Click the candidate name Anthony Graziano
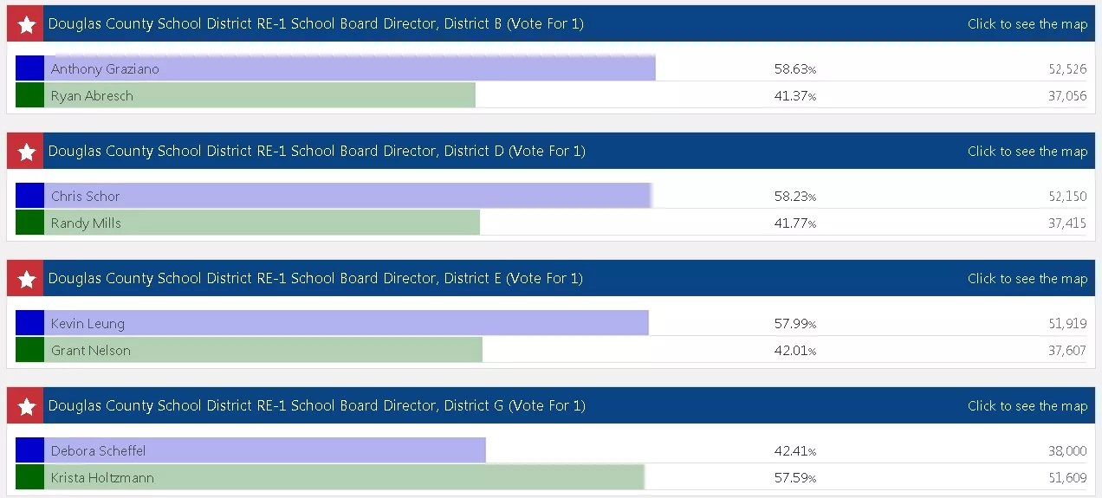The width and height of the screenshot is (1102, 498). [105, 69]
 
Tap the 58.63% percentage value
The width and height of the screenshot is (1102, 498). [794, 69]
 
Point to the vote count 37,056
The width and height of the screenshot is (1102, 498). [1066, 96]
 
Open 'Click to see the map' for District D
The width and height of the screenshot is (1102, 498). [1027, 152]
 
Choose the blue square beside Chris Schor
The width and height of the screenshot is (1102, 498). [29, 196]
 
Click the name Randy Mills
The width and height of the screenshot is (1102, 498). [86, 223]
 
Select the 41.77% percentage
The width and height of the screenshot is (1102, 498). [794, 223]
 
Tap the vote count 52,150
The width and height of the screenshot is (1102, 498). [1066, 197]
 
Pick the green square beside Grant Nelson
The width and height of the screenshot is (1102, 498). [29, 350]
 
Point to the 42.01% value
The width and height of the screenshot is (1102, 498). [794, 351]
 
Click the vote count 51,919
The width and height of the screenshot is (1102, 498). [1066, 324]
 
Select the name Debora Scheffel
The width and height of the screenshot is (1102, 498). [98, 451]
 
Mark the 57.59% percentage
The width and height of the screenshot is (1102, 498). [794, 478]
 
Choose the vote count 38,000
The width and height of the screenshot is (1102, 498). [1066, 451]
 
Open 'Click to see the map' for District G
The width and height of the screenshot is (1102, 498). [1027, 406]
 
